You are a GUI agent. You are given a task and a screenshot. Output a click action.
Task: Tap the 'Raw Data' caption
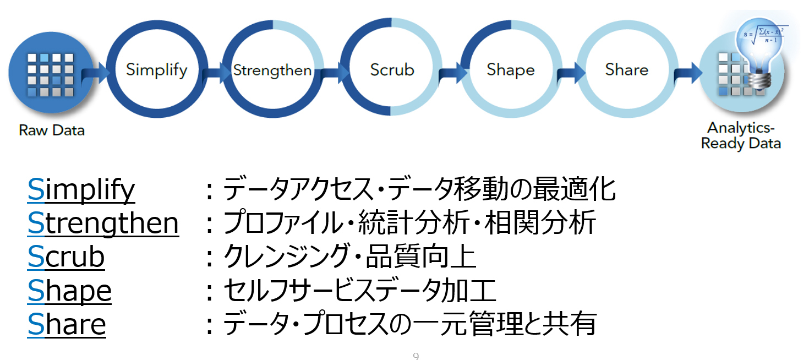pos(52,131)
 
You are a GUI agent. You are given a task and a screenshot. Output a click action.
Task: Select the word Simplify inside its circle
pos(156,70)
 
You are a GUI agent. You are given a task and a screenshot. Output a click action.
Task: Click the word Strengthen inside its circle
pos(272,70)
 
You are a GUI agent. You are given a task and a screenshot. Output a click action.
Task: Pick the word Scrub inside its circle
pos(392,70)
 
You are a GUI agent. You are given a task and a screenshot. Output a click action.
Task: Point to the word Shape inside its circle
pos(511,70)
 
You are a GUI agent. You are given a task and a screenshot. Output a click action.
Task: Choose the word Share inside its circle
pos(627,69)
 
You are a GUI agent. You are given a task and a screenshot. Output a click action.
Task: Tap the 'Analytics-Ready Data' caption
pos(741,135)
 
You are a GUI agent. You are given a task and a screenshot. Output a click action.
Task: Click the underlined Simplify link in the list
pos(81,190)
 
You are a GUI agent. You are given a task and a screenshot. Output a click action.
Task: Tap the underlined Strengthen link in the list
pos(103,223)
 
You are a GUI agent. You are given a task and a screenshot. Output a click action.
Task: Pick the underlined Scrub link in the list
pos(66,257)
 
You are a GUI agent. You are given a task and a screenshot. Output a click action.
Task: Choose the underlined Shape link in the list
pos(69,291)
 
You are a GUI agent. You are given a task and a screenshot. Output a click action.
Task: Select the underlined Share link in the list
pos(67,324)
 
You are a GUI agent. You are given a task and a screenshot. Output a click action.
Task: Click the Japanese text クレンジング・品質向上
pos(349,257)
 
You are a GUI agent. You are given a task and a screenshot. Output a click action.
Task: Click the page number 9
pos(416,356)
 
